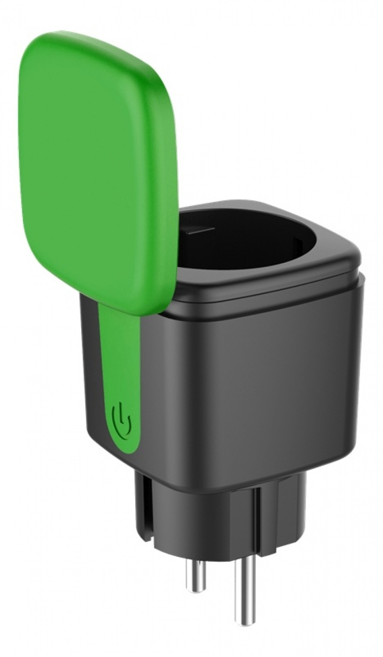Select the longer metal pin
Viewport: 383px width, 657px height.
click(x=245, y=588)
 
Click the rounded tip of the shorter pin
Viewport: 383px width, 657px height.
click(x=196, y=589)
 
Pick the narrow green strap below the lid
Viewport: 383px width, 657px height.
click(x=120, y=358)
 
